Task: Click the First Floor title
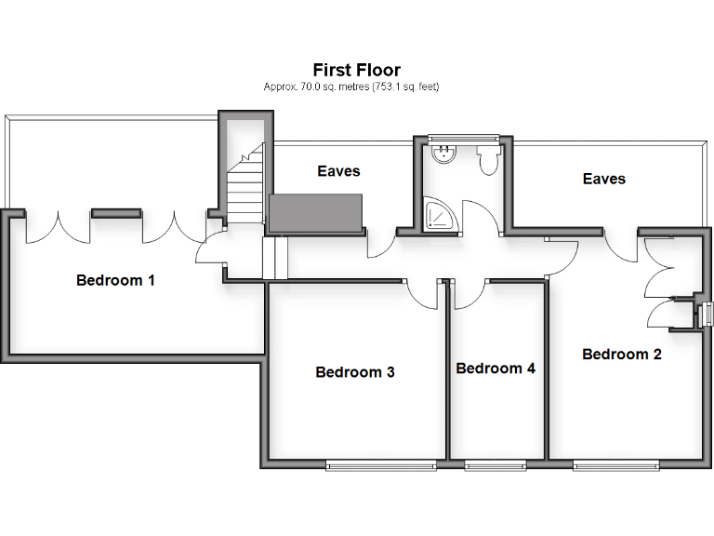click(x=356, y=70)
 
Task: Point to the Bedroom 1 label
click(x=115, y=280)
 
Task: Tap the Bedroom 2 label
click(x=621, y=354)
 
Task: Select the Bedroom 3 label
click(x=355, y=372)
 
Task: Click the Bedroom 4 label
click(x=496, y=368)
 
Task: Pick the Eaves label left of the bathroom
click(x=338, y=171)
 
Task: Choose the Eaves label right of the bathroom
click(x=603, y=179)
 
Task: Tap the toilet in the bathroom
click(x=488, y=160)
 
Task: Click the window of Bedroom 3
click(x=380, y=463)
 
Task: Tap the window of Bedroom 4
click(x=495, y=463)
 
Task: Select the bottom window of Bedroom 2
click(x=616, y=463)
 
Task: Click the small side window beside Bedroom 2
click(x=707, y=315)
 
